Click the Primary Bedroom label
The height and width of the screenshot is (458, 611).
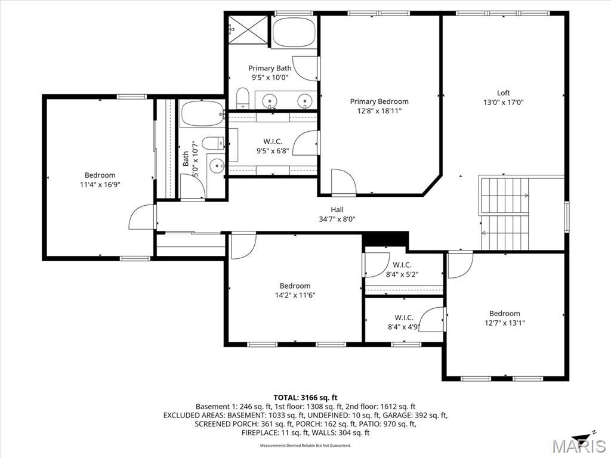coord(379,101)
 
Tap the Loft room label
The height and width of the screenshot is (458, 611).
coord(504,93)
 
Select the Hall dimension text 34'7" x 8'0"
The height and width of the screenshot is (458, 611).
coord(337,219)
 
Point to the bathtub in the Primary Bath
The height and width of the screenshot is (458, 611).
coord(295,33)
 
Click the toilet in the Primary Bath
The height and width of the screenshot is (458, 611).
coord(242,98)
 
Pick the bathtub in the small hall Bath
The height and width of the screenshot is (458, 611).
coord(202,113)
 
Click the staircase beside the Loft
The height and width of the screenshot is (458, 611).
coord(505,213)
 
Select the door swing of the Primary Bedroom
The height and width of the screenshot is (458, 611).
coord(342,182)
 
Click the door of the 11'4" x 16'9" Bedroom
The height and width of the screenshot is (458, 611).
coord(141,218)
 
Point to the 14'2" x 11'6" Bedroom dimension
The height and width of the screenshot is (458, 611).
coord(295,295)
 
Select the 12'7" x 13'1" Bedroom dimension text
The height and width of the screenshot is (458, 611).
coord(504,323)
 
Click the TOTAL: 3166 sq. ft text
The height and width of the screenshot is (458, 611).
coord(305,397)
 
